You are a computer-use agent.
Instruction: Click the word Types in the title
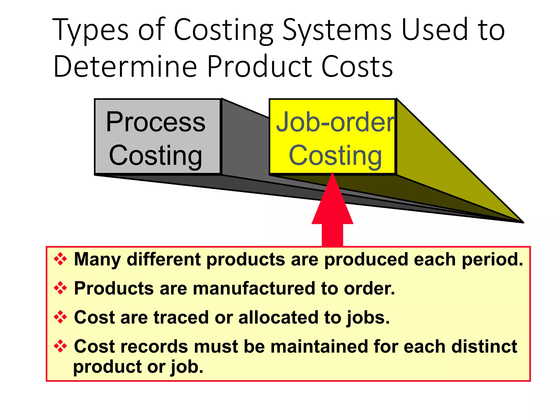point(90,30)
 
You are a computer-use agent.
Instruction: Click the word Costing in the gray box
point(156,155)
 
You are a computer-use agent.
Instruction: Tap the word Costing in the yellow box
point(335,155)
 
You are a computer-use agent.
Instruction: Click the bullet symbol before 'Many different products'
point(60,259)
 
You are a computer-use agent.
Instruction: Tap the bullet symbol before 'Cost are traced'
point(60,317)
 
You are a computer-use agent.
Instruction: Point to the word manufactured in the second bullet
point(254,288)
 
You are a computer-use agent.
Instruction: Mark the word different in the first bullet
point(163,259)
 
